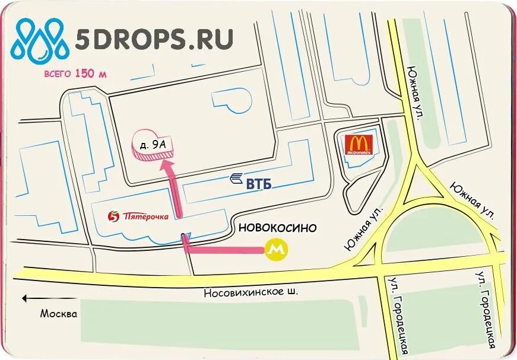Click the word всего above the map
tap(58, 75)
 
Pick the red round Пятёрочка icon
tap(114, 216)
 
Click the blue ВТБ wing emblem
tap(237, 177)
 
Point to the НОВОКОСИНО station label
tap(277, 228)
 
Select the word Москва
tap(59, 314)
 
